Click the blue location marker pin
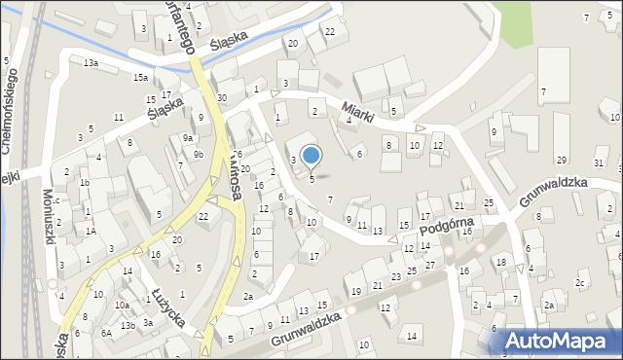pos(311,155)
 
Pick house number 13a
pos(91,62)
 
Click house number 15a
pos(141,77)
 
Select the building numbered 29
pos(562,160)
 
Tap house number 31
pos(598,162)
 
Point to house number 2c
pos(580,283)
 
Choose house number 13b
pos(128,325)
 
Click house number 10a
pos(122,306)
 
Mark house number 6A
pos(106,333)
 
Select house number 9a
pos(187,138)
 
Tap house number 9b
pos(198,154)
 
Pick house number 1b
pos(85,182)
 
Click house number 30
pos(222,98)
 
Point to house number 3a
pos(148,322)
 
